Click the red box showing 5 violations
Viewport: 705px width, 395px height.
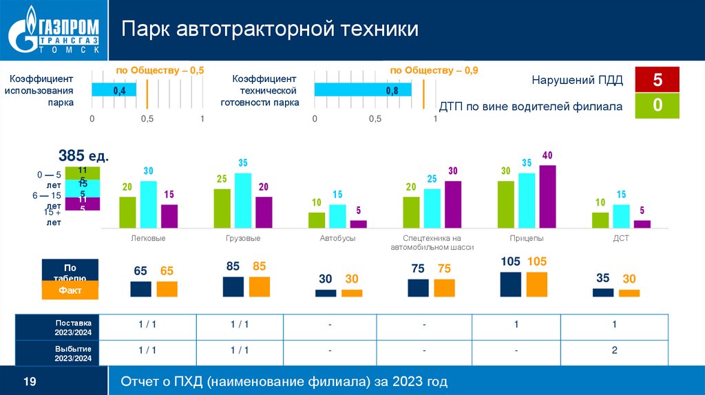(657, 80)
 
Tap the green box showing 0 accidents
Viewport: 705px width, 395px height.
(657, 106)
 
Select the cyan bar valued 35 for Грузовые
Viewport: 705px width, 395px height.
(243, 200)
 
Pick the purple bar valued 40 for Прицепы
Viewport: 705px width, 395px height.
(547, 196)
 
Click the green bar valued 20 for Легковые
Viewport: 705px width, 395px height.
(127, 212)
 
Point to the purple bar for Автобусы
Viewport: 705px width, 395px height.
(358, 224)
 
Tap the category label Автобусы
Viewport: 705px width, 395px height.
(337, 238)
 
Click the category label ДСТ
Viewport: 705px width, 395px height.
(621, 238)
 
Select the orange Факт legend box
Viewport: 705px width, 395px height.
(70, 290)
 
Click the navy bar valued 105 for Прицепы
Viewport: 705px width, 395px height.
(510, 284)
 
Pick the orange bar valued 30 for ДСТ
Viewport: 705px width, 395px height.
(629, 292)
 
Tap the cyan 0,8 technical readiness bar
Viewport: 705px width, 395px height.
(363, 90)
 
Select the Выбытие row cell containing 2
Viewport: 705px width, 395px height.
(614, 350)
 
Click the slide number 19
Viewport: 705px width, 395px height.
(30, 381)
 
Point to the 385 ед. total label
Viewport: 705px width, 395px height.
(83, 156)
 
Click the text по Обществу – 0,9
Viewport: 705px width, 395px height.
(434, 70)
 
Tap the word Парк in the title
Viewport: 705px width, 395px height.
(147, 30)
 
